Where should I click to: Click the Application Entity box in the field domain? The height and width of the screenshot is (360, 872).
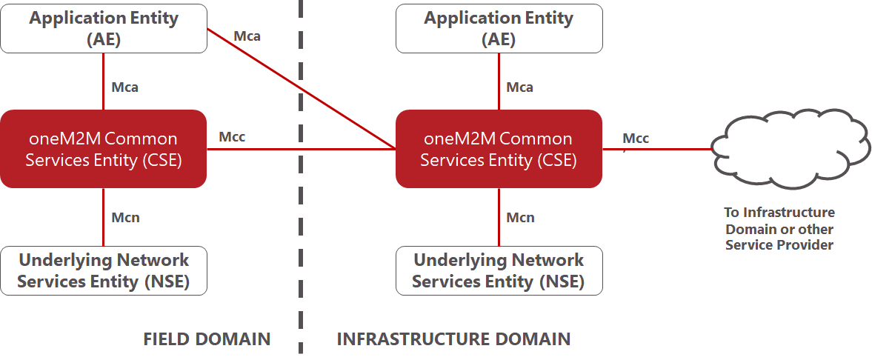104,29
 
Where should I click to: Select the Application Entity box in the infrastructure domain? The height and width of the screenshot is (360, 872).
499,29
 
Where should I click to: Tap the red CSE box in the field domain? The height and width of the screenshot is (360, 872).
104,149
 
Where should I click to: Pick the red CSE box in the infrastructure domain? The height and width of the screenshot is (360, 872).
499,149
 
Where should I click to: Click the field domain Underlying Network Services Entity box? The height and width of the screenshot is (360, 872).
104,270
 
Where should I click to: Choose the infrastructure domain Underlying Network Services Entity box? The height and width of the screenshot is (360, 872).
499,270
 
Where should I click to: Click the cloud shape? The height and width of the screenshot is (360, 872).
790,149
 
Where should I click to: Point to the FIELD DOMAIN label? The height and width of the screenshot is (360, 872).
207,339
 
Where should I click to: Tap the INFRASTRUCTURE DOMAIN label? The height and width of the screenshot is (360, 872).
454,339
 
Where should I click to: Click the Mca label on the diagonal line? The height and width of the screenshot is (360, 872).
247,37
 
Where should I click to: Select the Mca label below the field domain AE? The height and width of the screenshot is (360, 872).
125,87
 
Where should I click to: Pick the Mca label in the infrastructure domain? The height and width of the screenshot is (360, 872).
520,87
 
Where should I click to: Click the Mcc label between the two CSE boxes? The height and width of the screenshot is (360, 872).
232,137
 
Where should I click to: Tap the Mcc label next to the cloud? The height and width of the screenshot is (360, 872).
636,138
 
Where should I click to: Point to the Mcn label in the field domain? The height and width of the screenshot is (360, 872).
126,218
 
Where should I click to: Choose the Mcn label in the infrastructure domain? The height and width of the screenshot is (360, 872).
521,218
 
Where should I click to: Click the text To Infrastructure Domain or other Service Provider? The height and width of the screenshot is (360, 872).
779,229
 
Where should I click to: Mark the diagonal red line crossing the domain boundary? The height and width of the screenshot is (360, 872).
302,89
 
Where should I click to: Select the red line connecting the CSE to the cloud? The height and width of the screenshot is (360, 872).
658,149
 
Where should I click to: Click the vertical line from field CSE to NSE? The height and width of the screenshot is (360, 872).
104,217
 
